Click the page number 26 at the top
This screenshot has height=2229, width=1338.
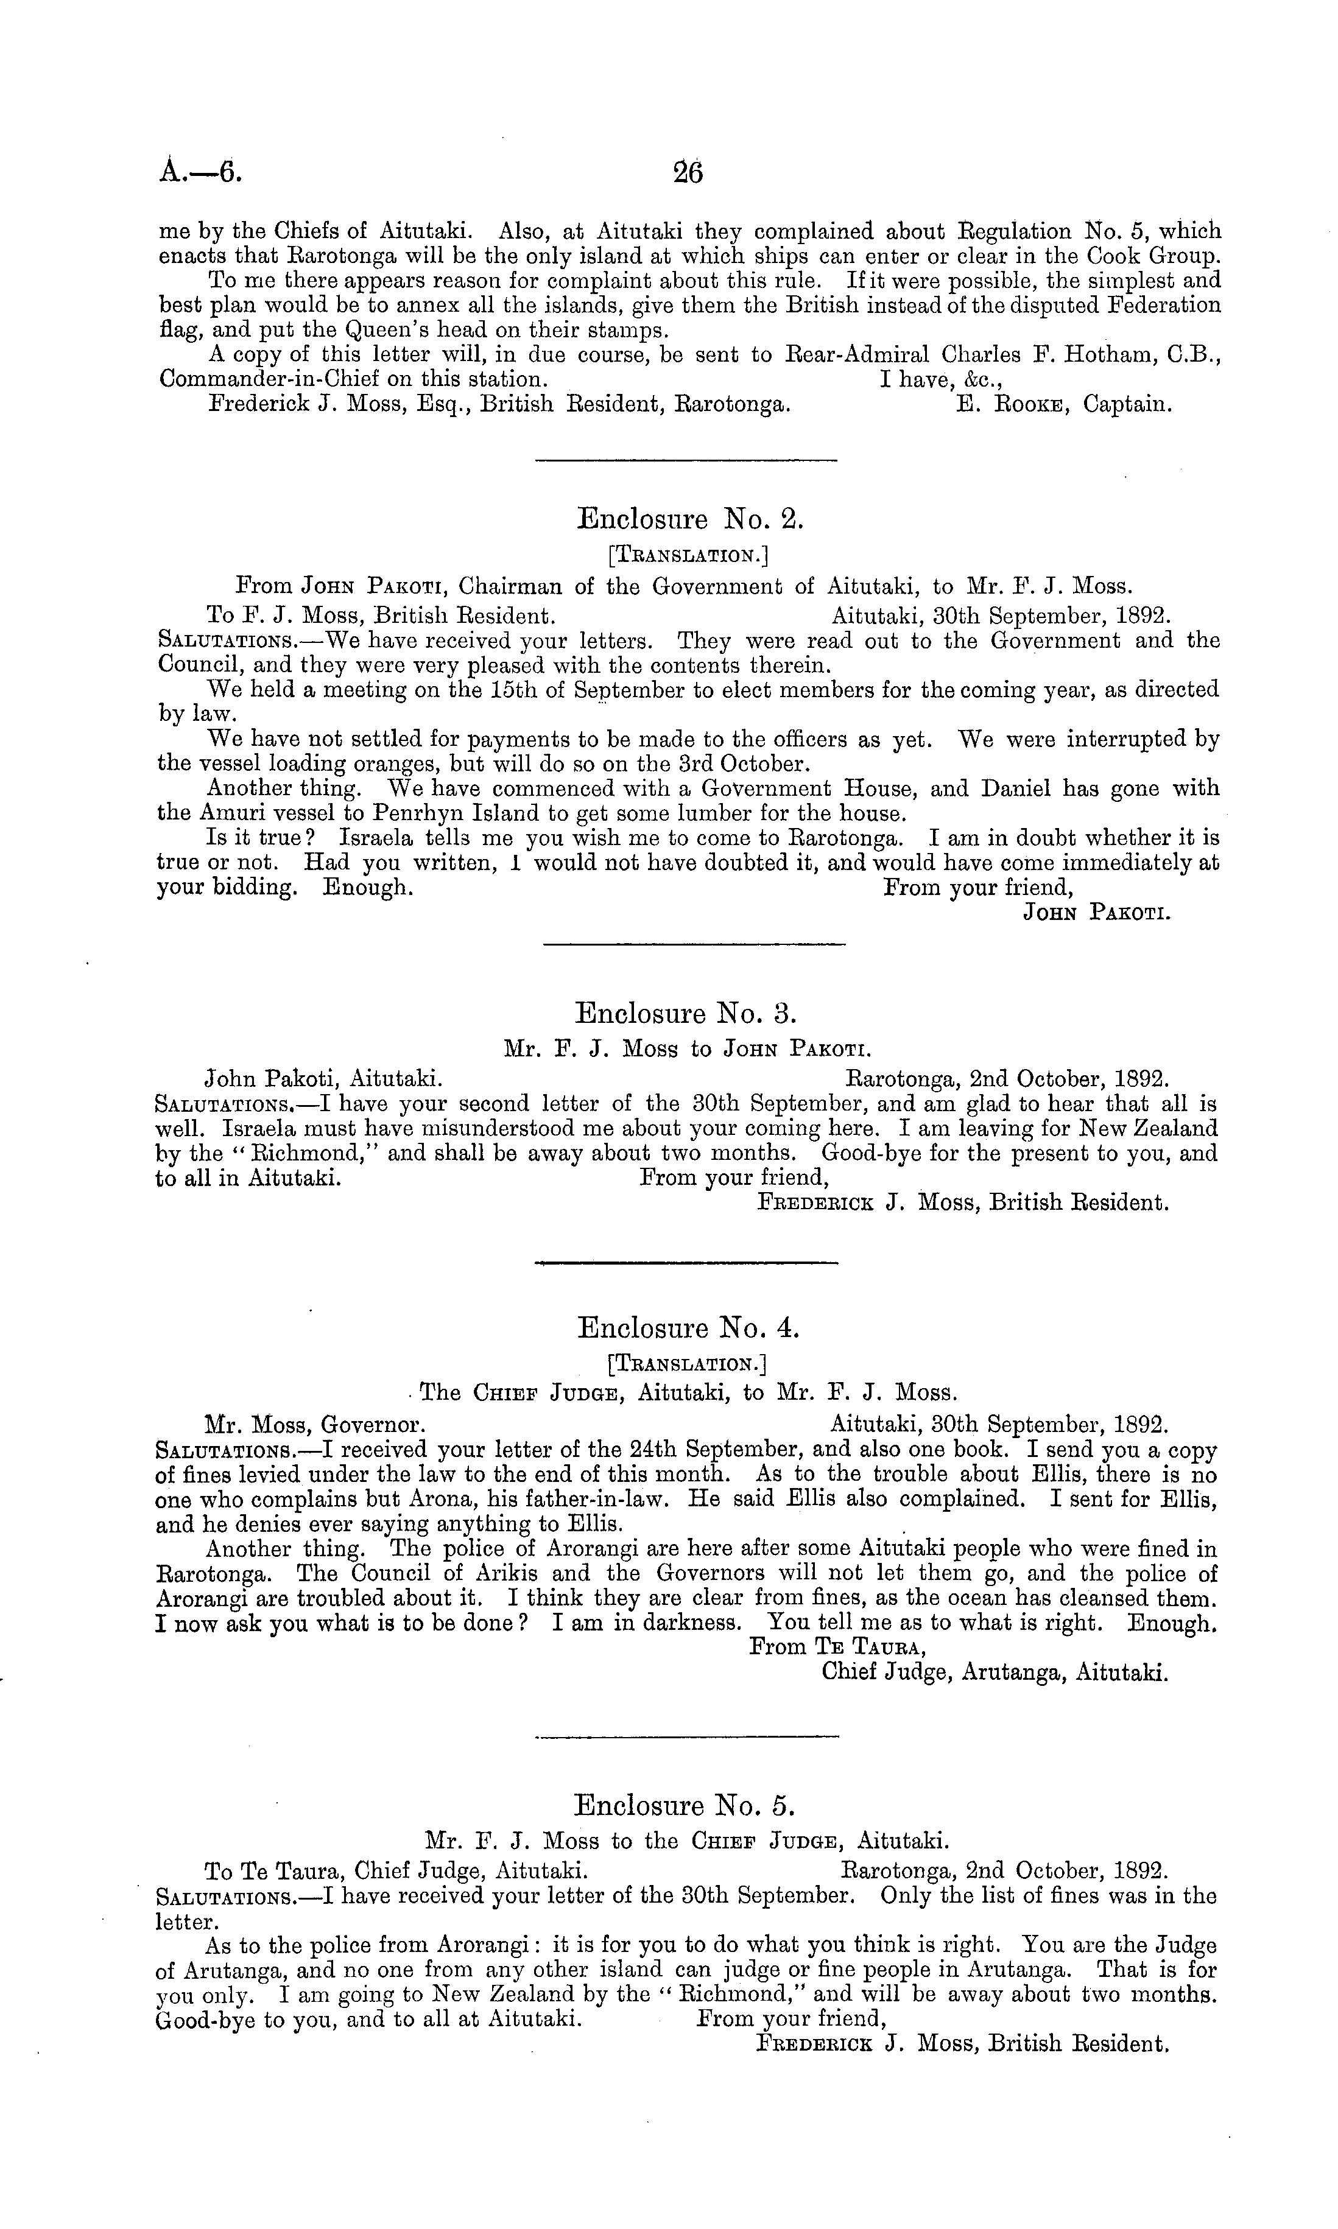[x=688, y=171]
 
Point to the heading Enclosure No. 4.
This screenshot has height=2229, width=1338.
[x=688, y=1328]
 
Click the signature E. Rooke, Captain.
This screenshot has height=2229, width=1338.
[x=1064, y=405]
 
